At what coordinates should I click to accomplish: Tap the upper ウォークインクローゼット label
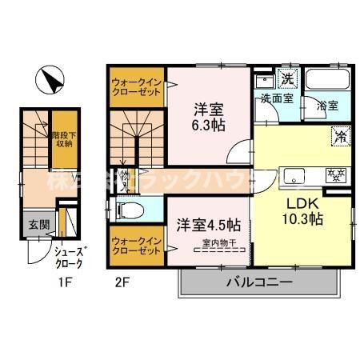[135, 86]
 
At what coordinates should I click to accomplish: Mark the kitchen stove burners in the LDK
[334, 174]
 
